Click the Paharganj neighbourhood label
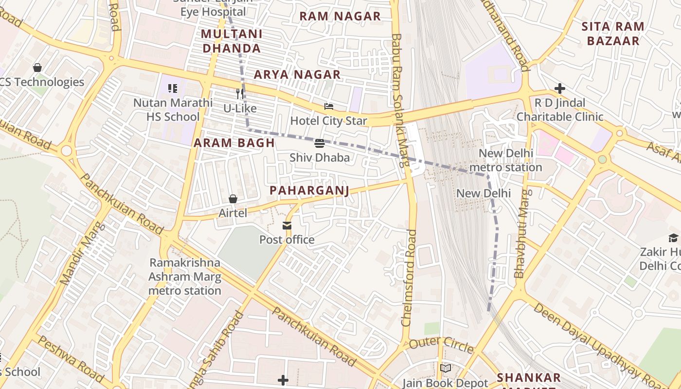309,191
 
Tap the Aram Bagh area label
234,143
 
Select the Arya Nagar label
297,75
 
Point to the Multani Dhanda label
232,41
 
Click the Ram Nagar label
340,17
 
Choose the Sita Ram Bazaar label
613,34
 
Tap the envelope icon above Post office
287,226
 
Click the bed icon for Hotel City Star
329,106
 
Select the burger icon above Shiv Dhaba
320,143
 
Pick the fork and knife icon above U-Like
240,93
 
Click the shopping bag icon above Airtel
233,199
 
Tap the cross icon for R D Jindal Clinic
560,88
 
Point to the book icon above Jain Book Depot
446,368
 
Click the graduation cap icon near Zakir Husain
673,238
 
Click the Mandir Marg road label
81,253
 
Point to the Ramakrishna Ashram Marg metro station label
185,277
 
